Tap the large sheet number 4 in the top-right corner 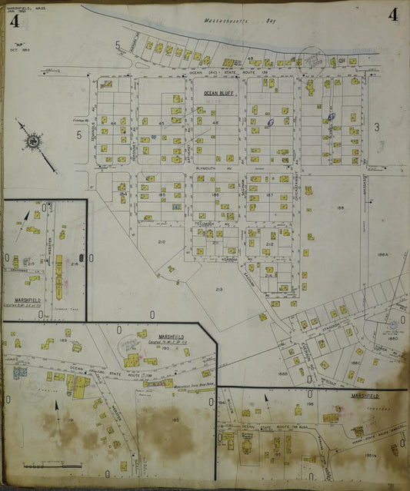click(x=393, y=15)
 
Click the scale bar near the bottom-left click(x=41, y=466)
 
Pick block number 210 click(x=161, y=242)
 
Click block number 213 click(x=218, y=289)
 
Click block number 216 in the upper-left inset click(x=75, y=264)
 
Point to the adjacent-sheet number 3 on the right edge click(x=377, y=127)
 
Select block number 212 click(x=269, y=244)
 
